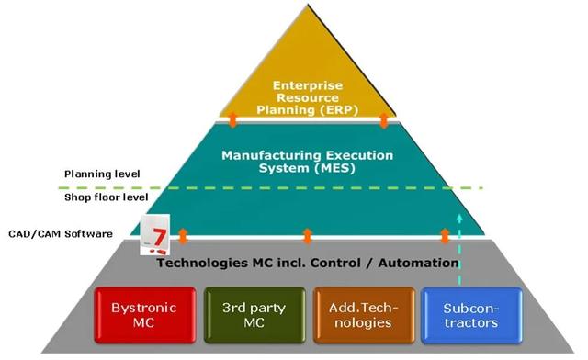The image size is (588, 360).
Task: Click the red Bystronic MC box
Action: [145, 315]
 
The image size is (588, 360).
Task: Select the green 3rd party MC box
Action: [254, 315]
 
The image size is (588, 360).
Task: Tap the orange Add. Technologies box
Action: [364, 315]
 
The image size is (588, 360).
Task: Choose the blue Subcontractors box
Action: [471, 315]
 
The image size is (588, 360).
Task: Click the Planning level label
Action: [102, 174]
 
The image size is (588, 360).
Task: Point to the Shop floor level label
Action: [107, 197]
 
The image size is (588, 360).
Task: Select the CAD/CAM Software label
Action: [61, 233]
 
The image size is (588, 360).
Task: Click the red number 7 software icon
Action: [155, 234]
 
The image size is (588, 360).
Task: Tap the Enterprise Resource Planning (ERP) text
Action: [308, 97]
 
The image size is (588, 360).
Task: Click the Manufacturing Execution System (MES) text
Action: [308, 162]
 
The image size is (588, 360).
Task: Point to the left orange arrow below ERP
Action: [232, 119]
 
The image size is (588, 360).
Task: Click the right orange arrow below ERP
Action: [384, 119]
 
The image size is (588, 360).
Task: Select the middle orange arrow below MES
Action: [307, 236]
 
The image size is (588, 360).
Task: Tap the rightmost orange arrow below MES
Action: [445, 236]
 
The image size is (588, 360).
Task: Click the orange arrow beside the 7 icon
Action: [183, 236]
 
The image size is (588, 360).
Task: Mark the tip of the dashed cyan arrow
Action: [459, 214]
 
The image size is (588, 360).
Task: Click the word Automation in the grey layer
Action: [418, 263]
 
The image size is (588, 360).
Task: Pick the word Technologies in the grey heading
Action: [202, 264]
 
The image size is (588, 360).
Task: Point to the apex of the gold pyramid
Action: [308, 5]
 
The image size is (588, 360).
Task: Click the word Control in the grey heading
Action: [335, 263]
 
